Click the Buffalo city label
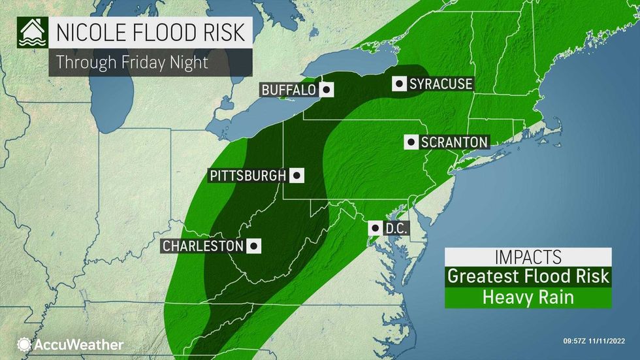tap(289, 90)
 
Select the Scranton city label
tap(453, 142)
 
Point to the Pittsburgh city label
tap(248, 175)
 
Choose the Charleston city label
tap(202, 246)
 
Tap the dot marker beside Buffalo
tap(327, 90)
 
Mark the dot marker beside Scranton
tap(411, 142)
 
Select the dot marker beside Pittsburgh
tap(296, 175)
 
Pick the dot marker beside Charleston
tap(254, 246)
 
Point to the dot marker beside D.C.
tap(376, 229)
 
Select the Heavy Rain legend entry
tap(528, 297)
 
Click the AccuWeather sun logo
tap(25, 344)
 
